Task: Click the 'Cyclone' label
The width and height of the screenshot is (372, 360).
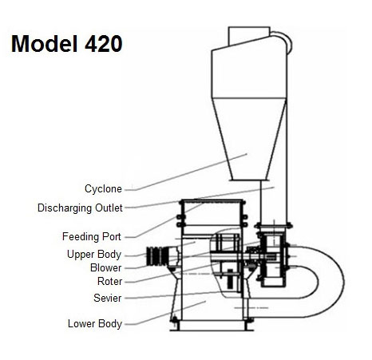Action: (103, 188)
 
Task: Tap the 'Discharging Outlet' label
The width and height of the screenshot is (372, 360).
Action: (80, 208)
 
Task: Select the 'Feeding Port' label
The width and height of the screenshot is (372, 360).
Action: (92, 236)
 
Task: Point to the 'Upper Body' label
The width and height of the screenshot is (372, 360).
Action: (94, 254)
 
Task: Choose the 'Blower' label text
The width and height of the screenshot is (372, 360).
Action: (106, 267)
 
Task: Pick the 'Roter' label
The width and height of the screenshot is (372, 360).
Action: (109, 281)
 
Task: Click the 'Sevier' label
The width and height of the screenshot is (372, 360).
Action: (108, 298)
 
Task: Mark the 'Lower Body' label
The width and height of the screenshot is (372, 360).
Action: (95, 323)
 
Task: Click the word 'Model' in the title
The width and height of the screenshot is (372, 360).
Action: (44, 44)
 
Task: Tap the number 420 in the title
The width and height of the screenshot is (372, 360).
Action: (104, 44)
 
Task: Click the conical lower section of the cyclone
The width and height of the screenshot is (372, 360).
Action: (249, 139)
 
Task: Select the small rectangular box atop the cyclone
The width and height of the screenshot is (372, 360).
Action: (249, 36)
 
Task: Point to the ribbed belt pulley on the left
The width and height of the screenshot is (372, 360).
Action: (157, 256)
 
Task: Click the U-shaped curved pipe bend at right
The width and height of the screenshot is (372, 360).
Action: (331, 282)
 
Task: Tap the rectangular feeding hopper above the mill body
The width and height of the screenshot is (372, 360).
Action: (212, 212)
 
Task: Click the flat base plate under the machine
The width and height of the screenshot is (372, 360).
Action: (212, 330)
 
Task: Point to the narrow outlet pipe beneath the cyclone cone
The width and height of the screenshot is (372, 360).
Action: (264, 202)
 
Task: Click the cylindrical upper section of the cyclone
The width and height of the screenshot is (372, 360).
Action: (249, 71)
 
